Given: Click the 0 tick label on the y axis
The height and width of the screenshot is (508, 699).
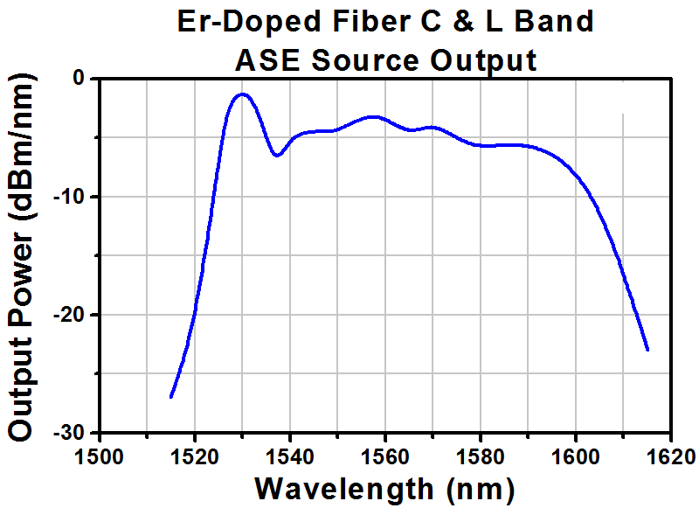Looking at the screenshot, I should tap(80, 79).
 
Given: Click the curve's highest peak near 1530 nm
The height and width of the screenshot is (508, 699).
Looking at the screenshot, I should tap(242, 94).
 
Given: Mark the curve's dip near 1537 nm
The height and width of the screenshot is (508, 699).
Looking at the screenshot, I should tap(276, 156).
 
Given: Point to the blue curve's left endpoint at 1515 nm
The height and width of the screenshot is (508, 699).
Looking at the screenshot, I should tap(171, 397).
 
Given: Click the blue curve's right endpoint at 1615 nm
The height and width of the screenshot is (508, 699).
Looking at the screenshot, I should tap(647, 350).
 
